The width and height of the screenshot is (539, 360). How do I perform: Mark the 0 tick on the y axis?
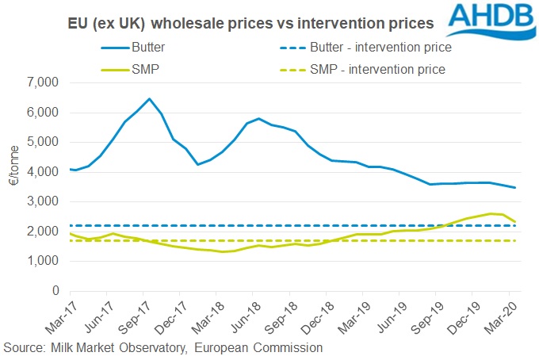pos(55,291)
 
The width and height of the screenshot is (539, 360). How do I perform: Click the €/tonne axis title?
pos(13,187)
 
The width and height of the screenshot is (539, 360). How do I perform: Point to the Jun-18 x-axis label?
pos(240,316)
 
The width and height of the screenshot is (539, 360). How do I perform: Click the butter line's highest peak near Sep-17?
pos(149,98)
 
